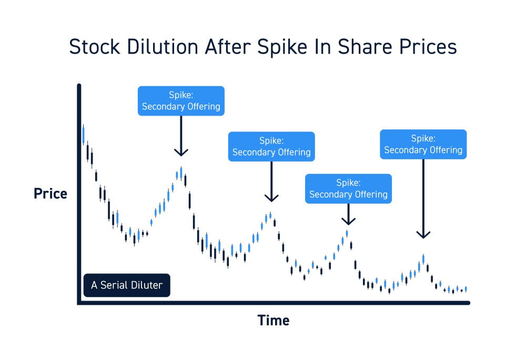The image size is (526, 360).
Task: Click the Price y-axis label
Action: tap(50, 194)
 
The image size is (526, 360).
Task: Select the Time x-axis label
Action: tap(273, 320)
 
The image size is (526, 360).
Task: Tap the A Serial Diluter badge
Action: tap(127, 285)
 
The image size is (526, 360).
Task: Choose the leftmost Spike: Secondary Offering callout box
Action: tap(181, 101)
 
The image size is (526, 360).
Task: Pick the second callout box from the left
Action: tap(271, 147)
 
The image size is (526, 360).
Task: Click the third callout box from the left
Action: tap(348, 189)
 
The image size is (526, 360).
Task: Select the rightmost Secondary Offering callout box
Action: tap(423, 144)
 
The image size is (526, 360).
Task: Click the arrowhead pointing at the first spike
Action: tap(181, 152)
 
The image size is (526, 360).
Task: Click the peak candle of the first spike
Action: tap(181, 172)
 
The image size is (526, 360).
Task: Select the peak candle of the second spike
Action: tap(270, 216)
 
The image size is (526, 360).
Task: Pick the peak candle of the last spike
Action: tap(423, 259)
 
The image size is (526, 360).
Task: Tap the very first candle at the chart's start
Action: tap(83, 135)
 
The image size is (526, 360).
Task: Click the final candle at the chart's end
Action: tap(466, 289)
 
